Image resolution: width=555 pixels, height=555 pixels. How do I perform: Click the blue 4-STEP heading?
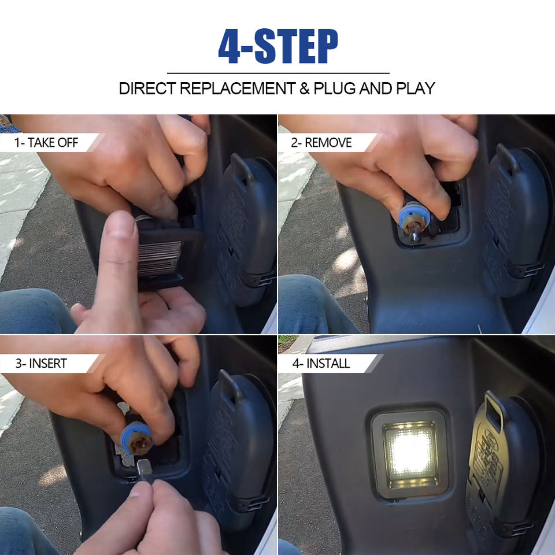(x=278, y=46)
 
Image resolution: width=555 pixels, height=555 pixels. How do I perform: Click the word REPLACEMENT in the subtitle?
(x=238, y=88)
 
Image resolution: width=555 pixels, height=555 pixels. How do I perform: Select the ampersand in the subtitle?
(x=305, y=88)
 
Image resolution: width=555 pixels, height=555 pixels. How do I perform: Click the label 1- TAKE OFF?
(x=46, y=143)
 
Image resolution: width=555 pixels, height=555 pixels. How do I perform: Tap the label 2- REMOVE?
(x=321, y=143)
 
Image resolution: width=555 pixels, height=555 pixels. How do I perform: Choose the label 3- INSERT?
(x=41, y=364)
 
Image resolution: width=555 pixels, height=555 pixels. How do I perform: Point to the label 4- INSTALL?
(x=321, y=364)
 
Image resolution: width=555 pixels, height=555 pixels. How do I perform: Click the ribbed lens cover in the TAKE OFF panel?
(x=160, y=258)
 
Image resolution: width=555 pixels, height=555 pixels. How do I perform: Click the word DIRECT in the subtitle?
(x=147, y=88)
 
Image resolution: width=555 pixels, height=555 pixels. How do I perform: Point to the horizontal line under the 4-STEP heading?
(x=278, y=73)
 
